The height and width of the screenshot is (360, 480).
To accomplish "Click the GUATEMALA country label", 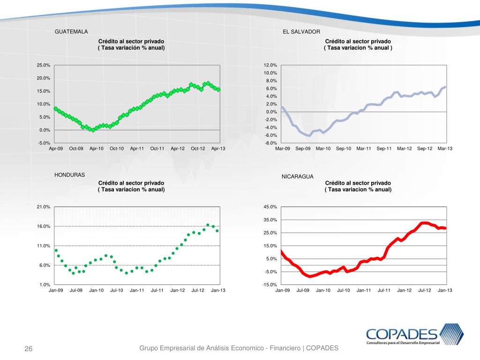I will click(71, 31).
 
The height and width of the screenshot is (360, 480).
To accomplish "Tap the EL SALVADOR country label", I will click(301, 31).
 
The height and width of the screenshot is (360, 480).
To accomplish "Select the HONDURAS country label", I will click(70, 175).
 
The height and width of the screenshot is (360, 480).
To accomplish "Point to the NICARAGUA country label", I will click(297, 177).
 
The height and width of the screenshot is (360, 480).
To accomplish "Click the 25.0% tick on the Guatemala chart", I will click(44, 65).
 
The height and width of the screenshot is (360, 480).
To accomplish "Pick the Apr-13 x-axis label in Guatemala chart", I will click(218, 149).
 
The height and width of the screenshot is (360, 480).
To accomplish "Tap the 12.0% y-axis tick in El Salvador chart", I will click(270, 65).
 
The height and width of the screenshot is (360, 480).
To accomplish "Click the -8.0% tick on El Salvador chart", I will click(270, 143).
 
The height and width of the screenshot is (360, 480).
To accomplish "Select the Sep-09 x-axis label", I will click(303, 149).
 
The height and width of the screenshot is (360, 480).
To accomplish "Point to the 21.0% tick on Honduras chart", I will click(44, 207).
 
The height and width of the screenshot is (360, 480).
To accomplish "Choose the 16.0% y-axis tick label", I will click(44, 226).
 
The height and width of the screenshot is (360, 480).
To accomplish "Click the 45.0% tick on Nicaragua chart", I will click(270, 207).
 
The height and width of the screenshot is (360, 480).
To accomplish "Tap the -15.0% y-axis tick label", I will click(270, 285).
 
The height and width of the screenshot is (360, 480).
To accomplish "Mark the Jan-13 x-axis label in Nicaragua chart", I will click(445, 290).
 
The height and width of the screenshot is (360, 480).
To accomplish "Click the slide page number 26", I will click(29, 349).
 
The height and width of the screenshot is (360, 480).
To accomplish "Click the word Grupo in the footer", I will click(150, 348).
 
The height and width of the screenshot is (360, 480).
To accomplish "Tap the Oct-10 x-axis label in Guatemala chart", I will click(117, 149).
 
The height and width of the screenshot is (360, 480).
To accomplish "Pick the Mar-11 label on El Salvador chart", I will click(364, 149).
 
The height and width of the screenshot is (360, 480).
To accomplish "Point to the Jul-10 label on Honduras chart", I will click(117, 290).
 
